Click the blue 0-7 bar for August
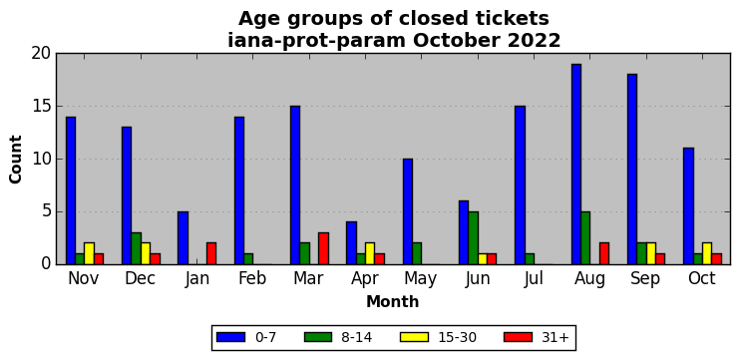click(576, 165)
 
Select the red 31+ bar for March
click(323, 248)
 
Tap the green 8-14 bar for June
click(473, 238)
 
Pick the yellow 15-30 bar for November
click(89, 254)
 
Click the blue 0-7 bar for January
click(184, 238)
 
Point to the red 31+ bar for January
click(211, 254)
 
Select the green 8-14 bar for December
click(136, 248)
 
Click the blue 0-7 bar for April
click(352, 243)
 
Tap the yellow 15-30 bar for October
click(707, 254)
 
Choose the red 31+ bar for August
click(604, 254)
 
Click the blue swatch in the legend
click(230, 337)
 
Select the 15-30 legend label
click(457, 337)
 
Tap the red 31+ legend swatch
click(518, 337)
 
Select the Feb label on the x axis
click(252, 278)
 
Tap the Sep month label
click(646, 279)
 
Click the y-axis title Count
click(16, 159)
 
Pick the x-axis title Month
click(393, 301)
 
